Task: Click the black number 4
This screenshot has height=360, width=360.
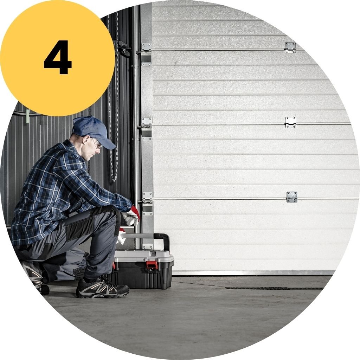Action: tap(57, 57)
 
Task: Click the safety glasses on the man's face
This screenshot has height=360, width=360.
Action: tap(97, 143)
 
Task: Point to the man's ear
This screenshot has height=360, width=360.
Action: tap(86, 140)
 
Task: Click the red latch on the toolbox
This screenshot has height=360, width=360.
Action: tap(152, 264)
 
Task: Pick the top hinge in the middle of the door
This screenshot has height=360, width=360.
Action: tap(290, 48)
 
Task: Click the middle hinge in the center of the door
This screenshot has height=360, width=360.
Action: tap(290, 122)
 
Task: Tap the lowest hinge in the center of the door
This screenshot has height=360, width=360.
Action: tap(291, 197)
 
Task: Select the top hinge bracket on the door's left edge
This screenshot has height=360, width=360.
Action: tap(146, 54)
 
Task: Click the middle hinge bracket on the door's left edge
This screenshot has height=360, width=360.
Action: tap(146, 129)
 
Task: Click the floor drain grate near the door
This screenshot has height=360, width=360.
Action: tap(274, 288)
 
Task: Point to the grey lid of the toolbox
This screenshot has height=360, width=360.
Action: tap(144, 256)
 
